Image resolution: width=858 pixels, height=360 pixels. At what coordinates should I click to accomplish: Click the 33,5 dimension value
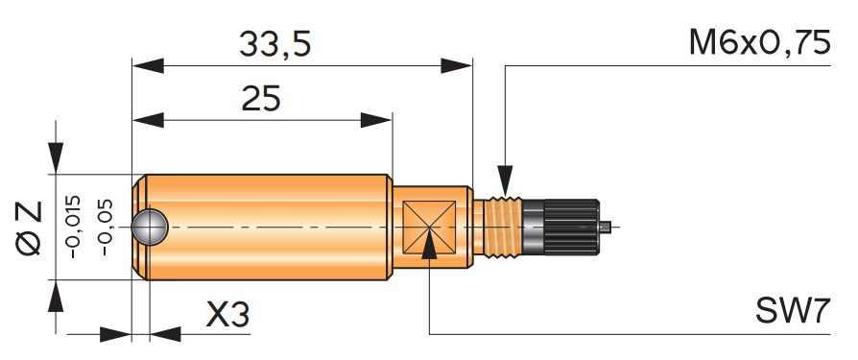[274, 44]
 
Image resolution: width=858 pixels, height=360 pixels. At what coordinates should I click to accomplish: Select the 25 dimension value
[261, 99]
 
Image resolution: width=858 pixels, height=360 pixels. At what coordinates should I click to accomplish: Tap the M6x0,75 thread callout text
[759, 42]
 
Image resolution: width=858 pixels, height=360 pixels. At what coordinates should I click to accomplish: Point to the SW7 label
[793, 311]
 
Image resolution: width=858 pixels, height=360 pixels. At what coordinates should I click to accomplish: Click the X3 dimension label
[227, 315]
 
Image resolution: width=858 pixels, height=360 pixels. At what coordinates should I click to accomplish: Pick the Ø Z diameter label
[30, 228]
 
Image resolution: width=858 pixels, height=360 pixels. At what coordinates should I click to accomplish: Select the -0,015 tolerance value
[73, 227]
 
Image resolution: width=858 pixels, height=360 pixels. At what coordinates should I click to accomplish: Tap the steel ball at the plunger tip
[150, 227]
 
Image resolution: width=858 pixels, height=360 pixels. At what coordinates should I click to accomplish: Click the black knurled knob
[571, 228]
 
